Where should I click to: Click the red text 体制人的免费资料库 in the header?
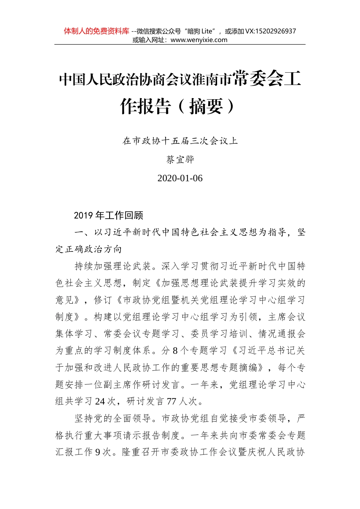(x=96, y=31)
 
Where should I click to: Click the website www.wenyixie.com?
(x=199, y=40)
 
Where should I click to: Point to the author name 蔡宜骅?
(x=180, y=159)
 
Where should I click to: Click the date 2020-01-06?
(x=180, y=178)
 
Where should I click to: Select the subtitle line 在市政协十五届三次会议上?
(x=180, y=141)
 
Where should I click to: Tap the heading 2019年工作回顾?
(x=108, y=215)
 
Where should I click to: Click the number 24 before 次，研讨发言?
(x=100, y=401)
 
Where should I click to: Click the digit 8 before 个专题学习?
(x=175, y=351)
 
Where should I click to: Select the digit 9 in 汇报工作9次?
(x=98, y=452)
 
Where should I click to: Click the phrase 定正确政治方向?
(x=89, y=249)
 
